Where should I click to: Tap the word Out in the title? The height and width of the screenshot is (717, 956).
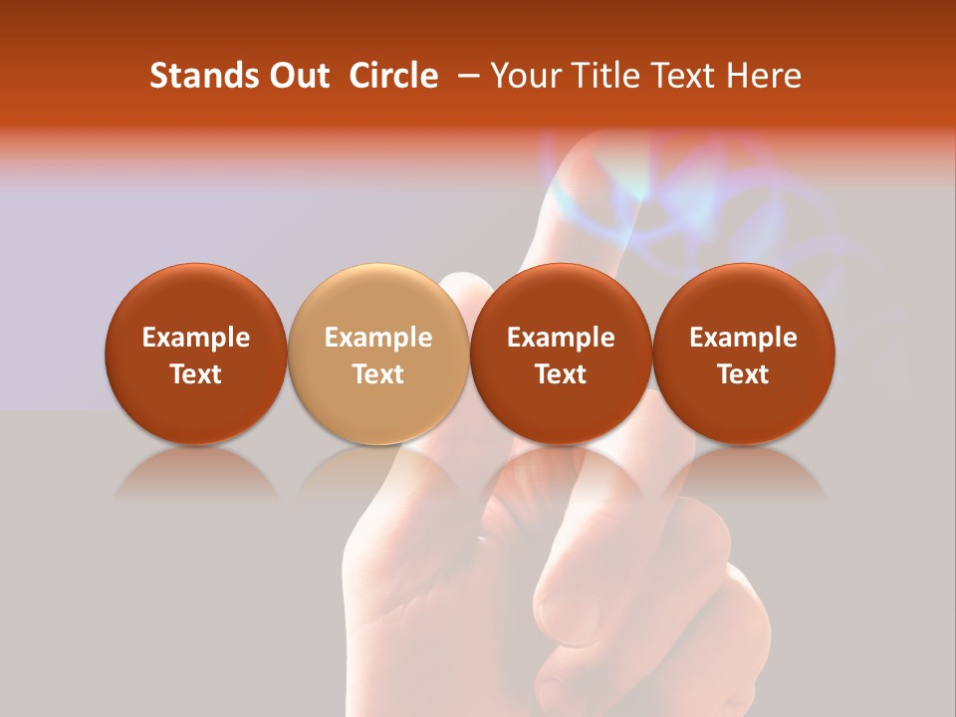coord(297,76)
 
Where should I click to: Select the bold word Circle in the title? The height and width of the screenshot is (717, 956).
coord(394,76)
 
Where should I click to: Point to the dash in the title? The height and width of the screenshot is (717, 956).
coord(465,76)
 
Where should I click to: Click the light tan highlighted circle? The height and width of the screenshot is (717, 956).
coord(378,354)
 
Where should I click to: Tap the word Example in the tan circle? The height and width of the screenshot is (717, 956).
coord(378,338)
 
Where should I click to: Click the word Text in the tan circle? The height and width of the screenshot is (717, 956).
coord(378,374)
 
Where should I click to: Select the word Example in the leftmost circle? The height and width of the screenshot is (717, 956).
coord(196,338)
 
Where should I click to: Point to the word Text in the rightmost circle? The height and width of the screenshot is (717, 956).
coord(744,374)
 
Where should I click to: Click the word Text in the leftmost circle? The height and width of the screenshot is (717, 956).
coord(196,374)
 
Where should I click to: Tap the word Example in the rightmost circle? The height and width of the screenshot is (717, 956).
coord(744,338)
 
